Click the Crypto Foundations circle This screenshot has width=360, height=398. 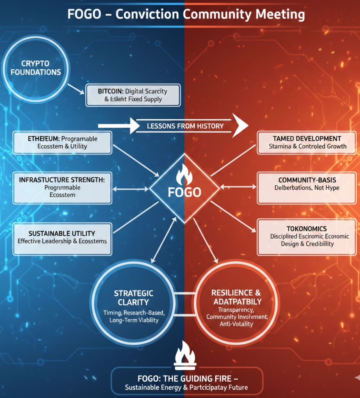[36, 68]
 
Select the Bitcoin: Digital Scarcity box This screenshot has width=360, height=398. [133, 95]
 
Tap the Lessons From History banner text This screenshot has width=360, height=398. [185, 126]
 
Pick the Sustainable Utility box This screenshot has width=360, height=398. [62, 237]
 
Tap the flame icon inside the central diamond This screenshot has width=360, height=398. [184, 175]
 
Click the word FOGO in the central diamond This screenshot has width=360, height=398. [185, 192]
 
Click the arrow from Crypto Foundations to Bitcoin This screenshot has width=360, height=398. [76, 88]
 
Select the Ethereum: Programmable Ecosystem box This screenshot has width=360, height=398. [62, 142]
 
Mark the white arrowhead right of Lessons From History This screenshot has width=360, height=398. [240, 125]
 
